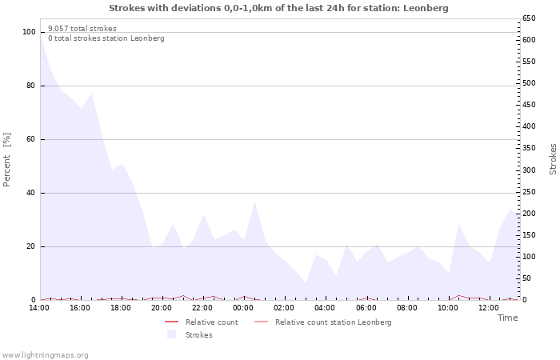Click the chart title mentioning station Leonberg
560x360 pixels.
tap(278, 8)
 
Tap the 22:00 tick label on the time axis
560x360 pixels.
tap(202, 308)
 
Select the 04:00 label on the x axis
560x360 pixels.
tap(325, 308)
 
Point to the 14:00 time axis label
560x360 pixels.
tap(39, 308)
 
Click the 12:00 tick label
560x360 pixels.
tap(488, 308)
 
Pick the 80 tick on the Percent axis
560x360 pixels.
tap(30, 86)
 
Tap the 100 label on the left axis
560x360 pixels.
tap(29, 32)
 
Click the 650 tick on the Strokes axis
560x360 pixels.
tap(529, 18)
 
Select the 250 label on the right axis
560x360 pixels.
tap(529, 192)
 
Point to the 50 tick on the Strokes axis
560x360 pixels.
tap(526, 278)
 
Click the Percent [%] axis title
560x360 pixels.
tap(6, 160)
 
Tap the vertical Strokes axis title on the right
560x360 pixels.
tap(553, 159)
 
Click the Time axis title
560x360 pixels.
tap(507, 318)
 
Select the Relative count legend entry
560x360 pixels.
tap(202, 322)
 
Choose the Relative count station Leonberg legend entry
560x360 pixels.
tap(323, 322)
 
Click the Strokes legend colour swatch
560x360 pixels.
tap(172, 334)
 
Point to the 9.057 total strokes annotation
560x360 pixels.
tap(82, 29)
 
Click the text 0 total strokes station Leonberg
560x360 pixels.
tap(106, 38)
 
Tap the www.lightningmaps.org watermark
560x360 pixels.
tap(45, 355)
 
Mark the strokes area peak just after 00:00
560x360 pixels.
tap(254, 202)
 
